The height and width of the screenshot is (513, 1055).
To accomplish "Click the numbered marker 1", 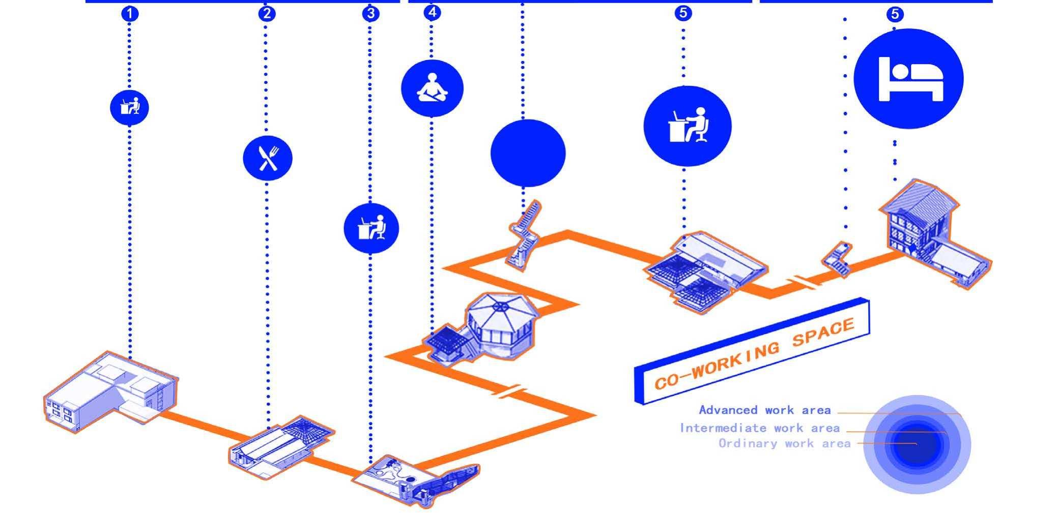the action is [130, 14].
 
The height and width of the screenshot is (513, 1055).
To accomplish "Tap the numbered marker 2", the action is [267, 13].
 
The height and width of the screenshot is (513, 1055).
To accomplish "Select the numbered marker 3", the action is [371, 13].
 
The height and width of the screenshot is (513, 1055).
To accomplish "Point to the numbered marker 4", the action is [432, 12].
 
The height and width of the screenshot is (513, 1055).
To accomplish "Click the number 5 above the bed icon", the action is [895, 14].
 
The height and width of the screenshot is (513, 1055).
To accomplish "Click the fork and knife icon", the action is [268, 158].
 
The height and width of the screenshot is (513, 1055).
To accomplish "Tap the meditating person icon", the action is [432, 88].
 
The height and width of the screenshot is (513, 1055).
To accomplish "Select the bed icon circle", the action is [908, 79].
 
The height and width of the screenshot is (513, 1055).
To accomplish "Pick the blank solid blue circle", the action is [528, 153].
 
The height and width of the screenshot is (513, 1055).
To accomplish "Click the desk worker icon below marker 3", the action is [371, 228].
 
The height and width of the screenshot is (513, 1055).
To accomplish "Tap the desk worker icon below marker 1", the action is [129, 108].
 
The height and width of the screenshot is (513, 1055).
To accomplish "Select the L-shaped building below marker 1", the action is [109, 391].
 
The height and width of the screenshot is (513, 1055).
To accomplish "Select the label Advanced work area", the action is [764, 410].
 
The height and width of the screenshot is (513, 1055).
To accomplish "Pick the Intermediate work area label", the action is [759, 428].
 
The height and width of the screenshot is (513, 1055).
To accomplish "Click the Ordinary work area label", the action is [784, 443].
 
